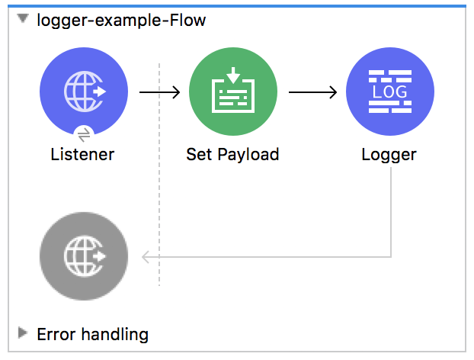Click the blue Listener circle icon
coord(83,92)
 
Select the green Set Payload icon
coord(232,92)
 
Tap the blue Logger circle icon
coord(389,92)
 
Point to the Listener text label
coord(82,155)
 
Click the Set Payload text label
coord(232,155)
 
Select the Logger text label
coord(389,155)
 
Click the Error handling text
coord(92,334)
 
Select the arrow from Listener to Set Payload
coord(159,92)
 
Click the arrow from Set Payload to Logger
coord(312,92)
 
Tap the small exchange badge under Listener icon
coord(85,131)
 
